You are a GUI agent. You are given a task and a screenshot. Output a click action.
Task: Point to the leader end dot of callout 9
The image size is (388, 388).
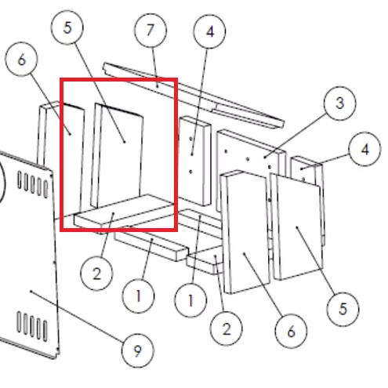(31, 291)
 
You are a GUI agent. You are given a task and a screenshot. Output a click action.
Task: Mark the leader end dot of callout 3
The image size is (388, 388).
(265, 157)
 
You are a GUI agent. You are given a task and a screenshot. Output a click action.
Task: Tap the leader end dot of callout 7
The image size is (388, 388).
(158, 86)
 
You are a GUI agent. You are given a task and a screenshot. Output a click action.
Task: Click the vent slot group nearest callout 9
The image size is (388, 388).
(32, 326)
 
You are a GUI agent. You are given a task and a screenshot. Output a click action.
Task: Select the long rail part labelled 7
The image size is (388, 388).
(194, 95)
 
